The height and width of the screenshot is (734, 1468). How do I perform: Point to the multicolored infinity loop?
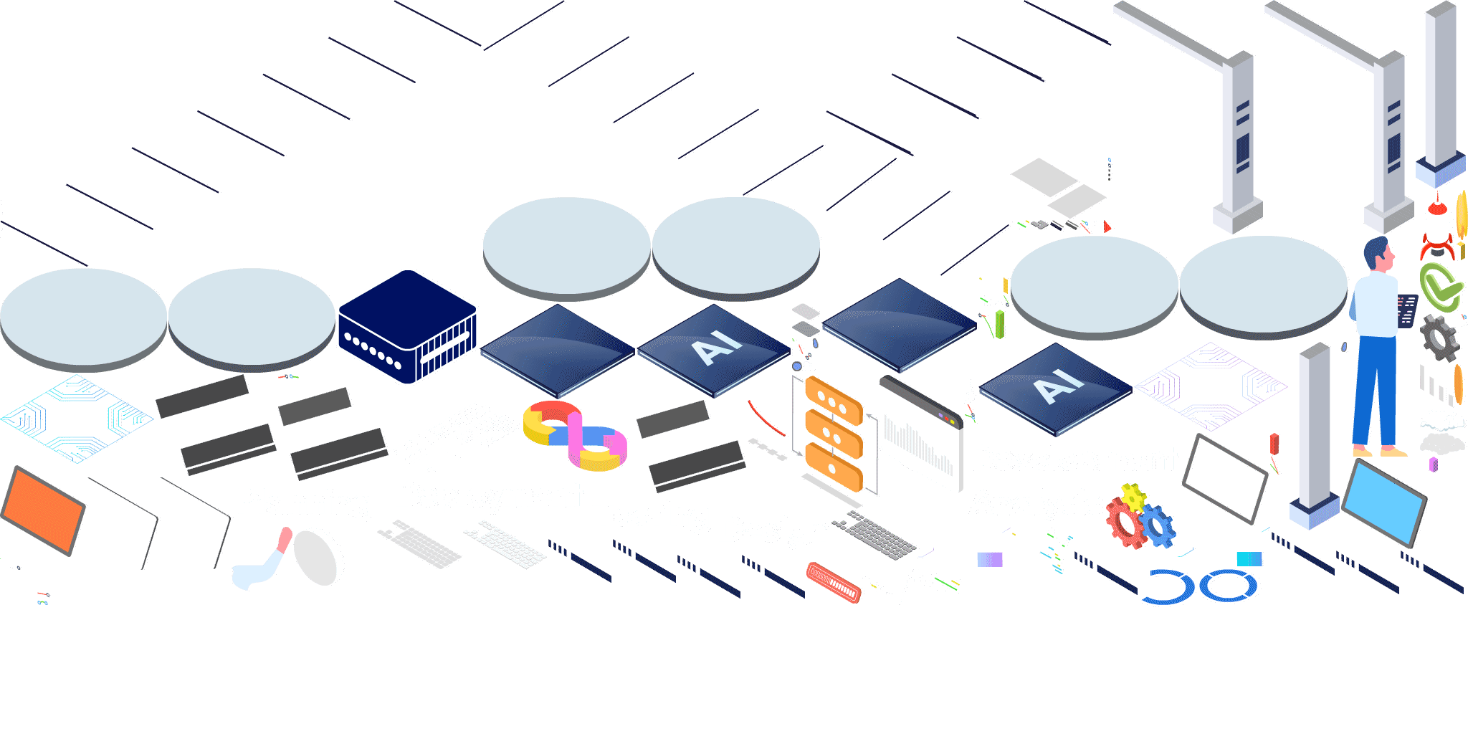pyautogui.click(x=575, y=434)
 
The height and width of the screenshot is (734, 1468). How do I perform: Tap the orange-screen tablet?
pyautogui.click(x=43, y=509)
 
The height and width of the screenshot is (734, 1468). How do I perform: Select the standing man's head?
pyautogui.click(x=1378, y=252)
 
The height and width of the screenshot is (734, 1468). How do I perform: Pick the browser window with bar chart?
pyautogui.click(x=920, y=434)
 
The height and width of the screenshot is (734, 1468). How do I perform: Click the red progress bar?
pyautogui.click(x=833, y=581)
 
